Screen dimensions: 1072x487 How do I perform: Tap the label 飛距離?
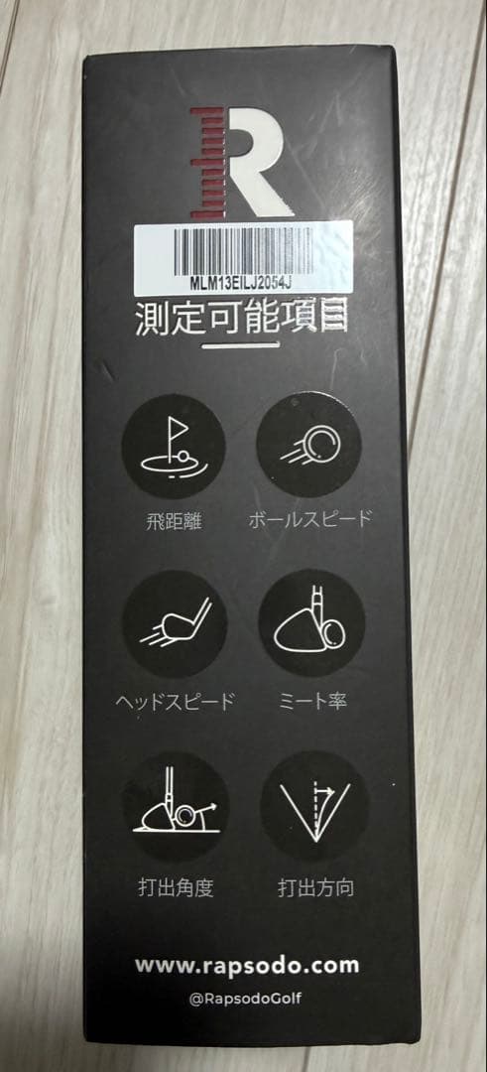173,519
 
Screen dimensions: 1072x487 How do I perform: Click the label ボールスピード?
310,519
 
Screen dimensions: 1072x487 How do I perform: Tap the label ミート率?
310,702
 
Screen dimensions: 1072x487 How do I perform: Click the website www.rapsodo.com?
247,965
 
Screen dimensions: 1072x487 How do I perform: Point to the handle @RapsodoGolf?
246,1000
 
